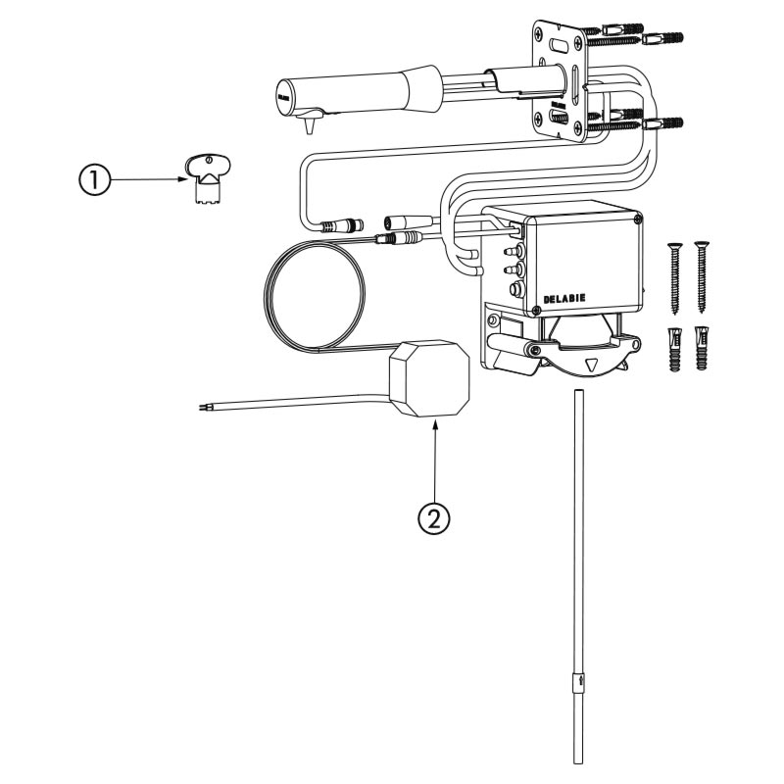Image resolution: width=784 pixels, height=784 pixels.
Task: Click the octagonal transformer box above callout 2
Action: pyautogui.click(x=429, y=378)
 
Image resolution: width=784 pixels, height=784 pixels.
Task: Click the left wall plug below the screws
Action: pyautogui.click(x=674, y=348)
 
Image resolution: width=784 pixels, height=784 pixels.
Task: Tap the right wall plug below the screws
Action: pyautogui.click(x=701, y=348)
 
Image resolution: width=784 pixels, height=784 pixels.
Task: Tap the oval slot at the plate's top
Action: pyautogui.click(x=563, y=44)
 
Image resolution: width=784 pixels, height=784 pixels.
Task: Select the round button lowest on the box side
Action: pyautogui.click(x=511, y=291)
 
